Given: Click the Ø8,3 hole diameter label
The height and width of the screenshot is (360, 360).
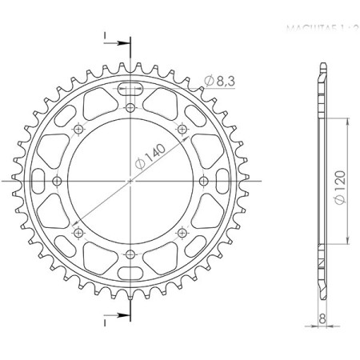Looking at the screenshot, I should coord(221,80).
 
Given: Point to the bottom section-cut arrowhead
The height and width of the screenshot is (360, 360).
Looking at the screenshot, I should coord(123,318).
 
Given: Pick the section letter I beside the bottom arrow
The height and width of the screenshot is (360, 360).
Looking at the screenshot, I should coord(104,323).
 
